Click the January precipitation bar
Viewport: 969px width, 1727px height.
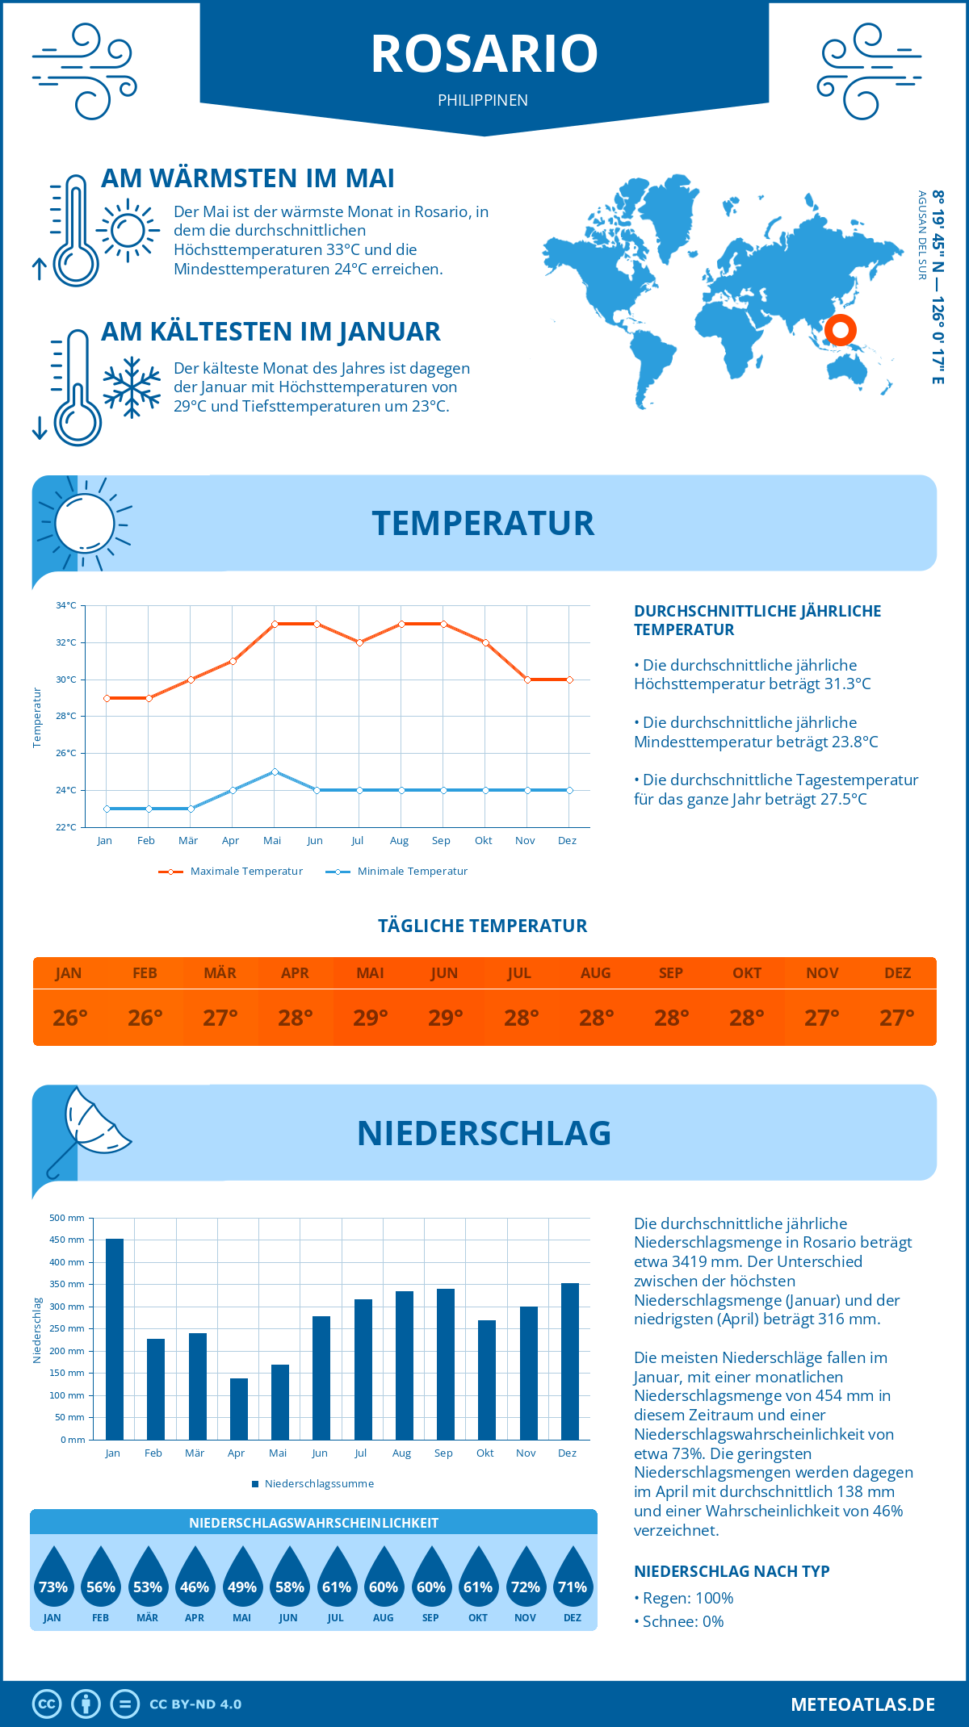coord(115,1339)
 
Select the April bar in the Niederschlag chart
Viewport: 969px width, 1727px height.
coord(239,1409)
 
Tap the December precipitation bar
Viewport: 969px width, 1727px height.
coord(570,1361)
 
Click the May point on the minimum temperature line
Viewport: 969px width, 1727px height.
coord(275,772)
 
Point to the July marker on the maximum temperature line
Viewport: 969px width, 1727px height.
coord(359,642)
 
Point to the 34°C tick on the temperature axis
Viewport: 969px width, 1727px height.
coord(66,605)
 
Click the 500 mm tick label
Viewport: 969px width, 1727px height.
coord(67,1218)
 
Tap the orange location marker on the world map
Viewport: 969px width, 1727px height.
coord(841,329)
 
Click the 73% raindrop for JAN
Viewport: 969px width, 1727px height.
coord(53,1579)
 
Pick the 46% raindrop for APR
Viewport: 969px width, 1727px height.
coord(195,1579)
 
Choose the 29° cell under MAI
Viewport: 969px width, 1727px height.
coord(371,1018)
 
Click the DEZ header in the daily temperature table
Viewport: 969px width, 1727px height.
coord(897,973)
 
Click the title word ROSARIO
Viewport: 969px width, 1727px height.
coord(484,54)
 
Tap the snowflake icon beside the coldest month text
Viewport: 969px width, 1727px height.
coord(132,387)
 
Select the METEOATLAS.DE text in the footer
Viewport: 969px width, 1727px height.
coord(862,1704)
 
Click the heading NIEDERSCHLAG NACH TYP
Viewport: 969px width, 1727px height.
coord(732,1571)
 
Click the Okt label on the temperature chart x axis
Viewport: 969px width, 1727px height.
coord(483,841)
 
